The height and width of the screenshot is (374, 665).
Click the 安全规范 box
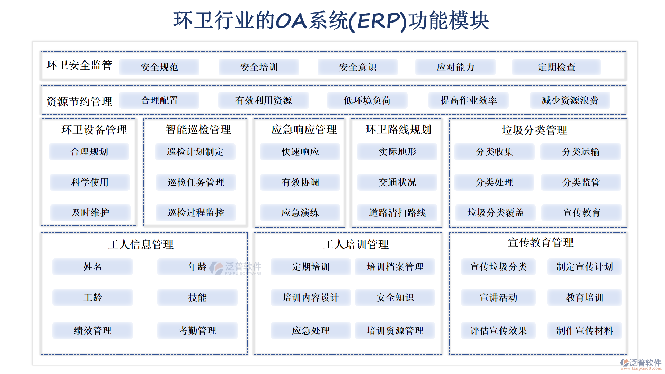[159, 67]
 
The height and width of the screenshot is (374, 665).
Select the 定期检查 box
[556, 67]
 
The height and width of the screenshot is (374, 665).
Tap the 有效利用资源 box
[264, 100]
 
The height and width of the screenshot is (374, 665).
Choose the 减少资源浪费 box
[570, 100]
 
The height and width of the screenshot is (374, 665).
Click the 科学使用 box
[90, 182]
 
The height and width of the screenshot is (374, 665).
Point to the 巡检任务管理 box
[196, 182]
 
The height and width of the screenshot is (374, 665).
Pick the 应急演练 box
[300, 213]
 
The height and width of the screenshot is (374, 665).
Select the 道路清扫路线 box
[397, 213]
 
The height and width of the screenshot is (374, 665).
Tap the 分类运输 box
[580, 152]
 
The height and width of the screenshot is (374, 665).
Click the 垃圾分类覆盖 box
[496, 213]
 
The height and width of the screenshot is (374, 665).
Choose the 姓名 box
[93, 267]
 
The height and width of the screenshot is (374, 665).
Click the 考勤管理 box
[197, 330]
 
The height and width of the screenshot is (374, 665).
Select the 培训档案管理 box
[395, 267]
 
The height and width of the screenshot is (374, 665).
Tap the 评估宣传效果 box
[498, 330]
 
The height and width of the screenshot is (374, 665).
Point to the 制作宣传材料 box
[585, 330]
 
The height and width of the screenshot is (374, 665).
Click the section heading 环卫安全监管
[79, 65]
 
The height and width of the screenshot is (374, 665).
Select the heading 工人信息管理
[141, 244]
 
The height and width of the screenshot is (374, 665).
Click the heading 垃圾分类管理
[534, 130]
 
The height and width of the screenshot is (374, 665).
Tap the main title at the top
[331, 21]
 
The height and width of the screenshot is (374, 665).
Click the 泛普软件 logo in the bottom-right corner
[641, 364]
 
